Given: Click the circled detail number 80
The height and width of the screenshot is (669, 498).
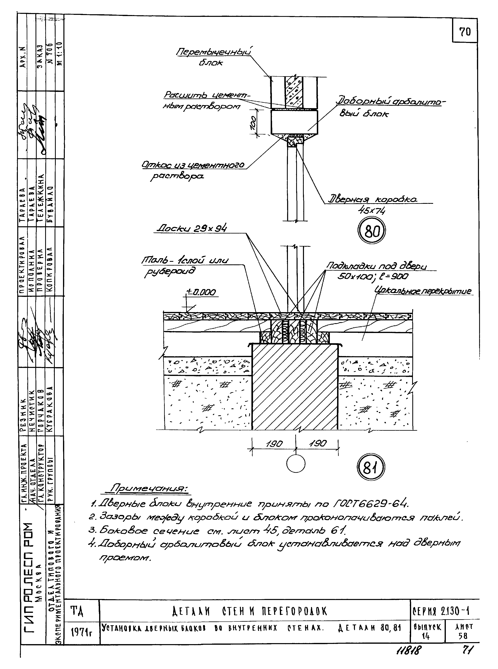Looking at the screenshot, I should coord(371,231).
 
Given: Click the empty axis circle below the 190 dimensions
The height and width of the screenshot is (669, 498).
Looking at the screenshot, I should coord(296,463).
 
